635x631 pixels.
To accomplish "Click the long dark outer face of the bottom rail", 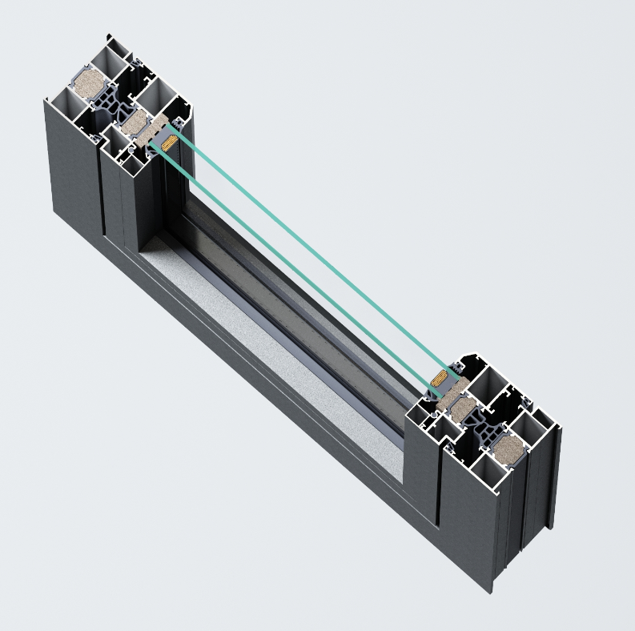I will tap(264, 416).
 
